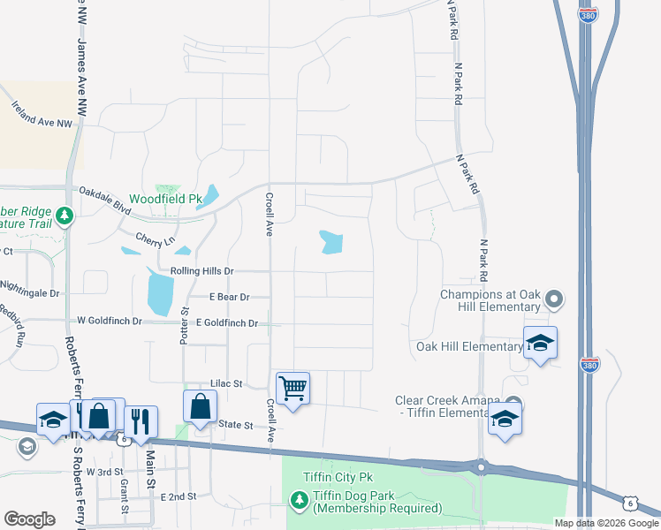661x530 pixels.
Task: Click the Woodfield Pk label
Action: pos(166,200)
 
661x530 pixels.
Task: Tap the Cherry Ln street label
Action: pos(156,239)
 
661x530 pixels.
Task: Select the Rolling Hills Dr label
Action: pos(194,271)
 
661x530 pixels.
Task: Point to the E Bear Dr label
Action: pos(230,298)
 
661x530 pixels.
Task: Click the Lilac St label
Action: pos(226,384)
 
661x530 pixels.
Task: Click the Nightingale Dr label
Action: pos(30,292)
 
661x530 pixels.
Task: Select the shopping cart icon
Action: pos(293,388)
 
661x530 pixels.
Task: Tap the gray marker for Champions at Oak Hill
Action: pos(554,299)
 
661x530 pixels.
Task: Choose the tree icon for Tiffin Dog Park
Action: pos(299,501)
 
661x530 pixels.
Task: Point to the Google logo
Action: pos(29,519)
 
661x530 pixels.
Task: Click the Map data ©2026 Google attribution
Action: pos(606,523)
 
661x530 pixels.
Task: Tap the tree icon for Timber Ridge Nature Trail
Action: pos(64,216)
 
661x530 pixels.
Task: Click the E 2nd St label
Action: pos(179,497)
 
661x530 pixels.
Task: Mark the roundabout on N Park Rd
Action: pos(481,466)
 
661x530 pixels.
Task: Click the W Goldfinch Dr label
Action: pos(110,322)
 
